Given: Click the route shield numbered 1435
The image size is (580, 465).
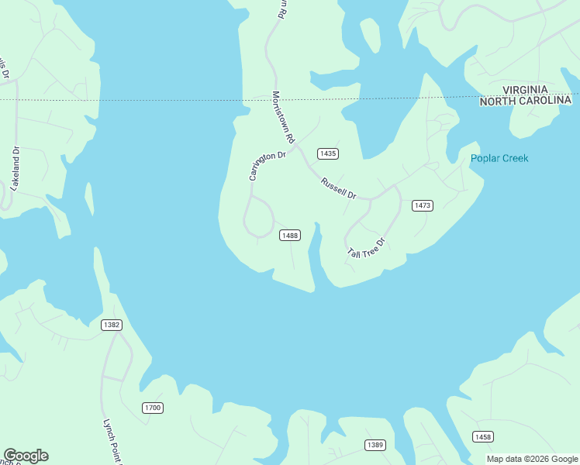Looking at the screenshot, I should click(x=328, y=153).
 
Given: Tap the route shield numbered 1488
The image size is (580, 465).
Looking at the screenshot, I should click(x=290, y=236).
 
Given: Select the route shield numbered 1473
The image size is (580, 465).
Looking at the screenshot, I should click(x=422, y=205).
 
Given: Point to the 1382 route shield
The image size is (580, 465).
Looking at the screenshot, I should click(x=111, y=325).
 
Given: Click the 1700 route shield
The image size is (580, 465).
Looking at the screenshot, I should click(x=153, y=408).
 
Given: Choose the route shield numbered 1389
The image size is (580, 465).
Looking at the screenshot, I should click(x=375, y=444).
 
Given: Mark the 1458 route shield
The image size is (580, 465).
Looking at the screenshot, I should click(x=482, y=437).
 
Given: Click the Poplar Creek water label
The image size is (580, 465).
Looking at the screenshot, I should click(x=499, y=159).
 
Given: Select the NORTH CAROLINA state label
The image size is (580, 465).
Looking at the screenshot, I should click(x=525, y=102).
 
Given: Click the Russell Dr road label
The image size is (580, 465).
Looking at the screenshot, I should click(x=338, y=186).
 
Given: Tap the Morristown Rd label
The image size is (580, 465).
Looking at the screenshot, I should click(x=283, y=117).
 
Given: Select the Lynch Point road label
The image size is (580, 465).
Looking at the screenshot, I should click(x=113, y=442).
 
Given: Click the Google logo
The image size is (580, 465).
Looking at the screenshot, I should click(x=26, y=456).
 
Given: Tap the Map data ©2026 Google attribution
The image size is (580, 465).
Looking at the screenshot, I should click(x=532, y=459).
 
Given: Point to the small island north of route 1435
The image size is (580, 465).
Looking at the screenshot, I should click(x=370, y=35).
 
